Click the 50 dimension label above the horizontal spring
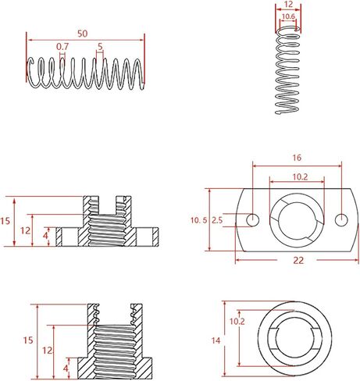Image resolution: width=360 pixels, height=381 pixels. click(x=83, y=34)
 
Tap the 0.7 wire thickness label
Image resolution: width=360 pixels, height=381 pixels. click(x=62, y=47)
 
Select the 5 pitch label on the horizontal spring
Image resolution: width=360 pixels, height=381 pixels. click(x=100, y=47)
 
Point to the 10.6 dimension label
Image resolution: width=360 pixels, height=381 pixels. click(x=288, y=16)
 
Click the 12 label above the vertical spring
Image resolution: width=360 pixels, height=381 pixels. click(x=289, y=4)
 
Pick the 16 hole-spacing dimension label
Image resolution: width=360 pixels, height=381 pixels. click(x=297, y=158)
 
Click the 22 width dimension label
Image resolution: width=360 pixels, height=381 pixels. click(x=298, y=260)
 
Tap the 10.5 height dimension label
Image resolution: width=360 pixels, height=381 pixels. click(x=199, y=220)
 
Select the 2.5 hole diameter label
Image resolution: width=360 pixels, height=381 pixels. click(x=217, y=220)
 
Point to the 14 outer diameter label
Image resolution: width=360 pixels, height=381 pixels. click(x=216, y=340)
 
